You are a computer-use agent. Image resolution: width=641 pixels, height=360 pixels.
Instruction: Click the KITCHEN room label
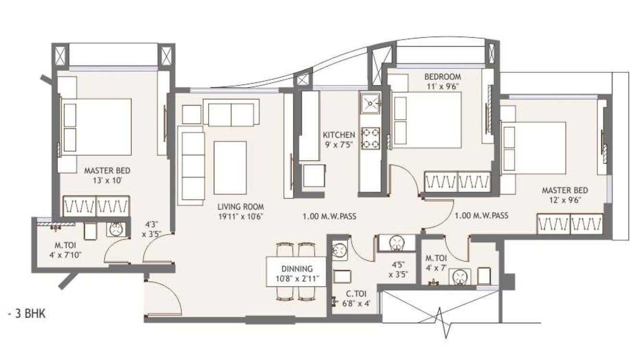[339, 135]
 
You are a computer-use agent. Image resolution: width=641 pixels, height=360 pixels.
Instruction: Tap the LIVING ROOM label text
[240, 207]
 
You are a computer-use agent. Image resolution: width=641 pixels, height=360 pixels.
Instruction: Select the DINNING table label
[297, 269]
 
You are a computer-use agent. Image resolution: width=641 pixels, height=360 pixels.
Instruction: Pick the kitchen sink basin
[370, 103]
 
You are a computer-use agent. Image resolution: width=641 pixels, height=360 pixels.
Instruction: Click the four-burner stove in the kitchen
[370, 138]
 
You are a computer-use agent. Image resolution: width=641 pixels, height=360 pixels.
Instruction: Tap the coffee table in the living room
[230, 167]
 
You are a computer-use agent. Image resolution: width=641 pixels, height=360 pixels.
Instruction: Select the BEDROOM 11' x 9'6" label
[442, 77]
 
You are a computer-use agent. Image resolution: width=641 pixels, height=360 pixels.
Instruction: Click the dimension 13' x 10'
[107, 180]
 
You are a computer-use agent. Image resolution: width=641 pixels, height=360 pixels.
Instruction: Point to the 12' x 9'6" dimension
[565, 200]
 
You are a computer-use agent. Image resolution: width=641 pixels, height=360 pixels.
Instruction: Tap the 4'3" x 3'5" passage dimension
[152, 229]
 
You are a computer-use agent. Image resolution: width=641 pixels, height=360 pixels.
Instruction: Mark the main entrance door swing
[164, 298]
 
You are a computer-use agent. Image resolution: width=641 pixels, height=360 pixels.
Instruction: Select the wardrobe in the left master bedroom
[96, 206]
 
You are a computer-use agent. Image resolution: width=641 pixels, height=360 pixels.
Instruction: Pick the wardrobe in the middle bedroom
[457, 182]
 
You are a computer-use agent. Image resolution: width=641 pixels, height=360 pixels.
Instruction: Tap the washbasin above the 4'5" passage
[397, 242]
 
